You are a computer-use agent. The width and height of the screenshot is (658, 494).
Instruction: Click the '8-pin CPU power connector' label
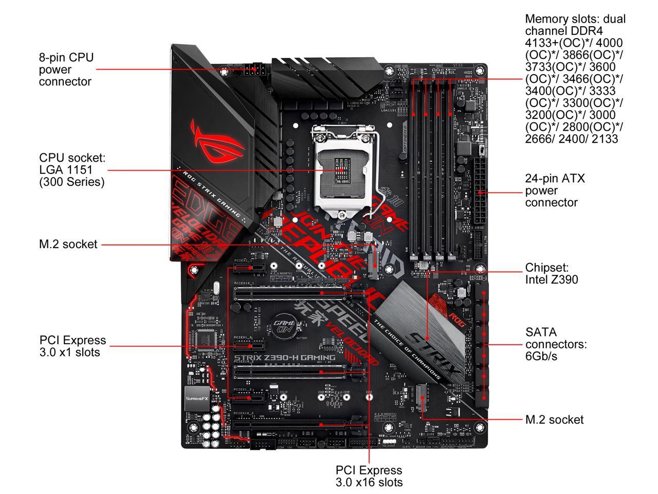click(x=66, y=69)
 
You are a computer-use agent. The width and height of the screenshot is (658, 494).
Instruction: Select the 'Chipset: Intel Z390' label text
click(x=551, y=273)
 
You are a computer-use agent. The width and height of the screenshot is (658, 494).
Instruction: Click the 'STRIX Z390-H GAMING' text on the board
click(x=285, y=357)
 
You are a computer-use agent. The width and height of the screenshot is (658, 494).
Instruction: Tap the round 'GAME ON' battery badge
click(x=284, y=325)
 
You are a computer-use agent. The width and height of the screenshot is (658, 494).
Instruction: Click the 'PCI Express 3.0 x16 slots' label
click(x=369, y=476)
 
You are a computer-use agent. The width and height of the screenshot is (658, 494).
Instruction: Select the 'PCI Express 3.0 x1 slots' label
click(x=72, y=346)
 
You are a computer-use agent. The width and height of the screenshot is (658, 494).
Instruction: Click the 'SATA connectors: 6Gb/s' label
click(x=556, y=344)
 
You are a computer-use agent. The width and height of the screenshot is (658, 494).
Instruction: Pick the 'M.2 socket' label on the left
click(x=68, y=244)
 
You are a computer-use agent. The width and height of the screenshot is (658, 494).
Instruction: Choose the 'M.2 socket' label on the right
click(x=554, y=419)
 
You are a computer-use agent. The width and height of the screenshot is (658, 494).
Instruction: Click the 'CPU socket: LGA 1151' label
click(x=72, y=170)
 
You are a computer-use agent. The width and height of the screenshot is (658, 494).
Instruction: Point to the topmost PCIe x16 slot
click(x=290, y=293)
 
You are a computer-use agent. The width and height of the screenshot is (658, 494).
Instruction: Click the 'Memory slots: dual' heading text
click(x=575, y=19)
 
